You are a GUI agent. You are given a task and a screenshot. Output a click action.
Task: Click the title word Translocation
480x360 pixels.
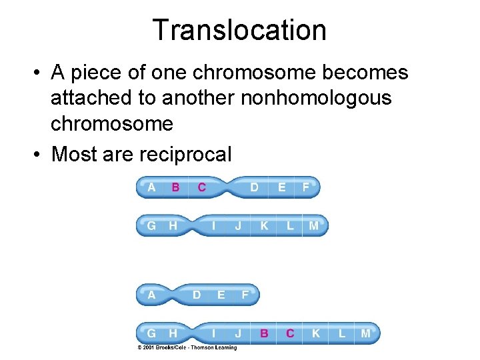tap(239, 30)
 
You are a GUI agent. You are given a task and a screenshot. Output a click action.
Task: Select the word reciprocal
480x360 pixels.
tap(185, 154)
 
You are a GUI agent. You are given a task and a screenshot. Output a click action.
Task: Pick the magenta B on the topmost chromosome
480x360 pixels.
tap(175, 187)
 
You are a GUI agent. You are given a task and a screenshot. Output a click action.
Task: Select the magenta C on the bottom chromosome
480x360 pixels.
tap(290, 333)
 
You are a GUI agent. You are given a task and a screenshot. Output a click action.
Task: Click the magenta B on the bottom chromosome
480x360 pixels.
tap(265, 333)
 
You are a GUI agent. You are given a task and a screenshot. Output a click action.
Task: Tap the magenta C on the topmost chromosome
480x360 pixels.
tap(201, 187)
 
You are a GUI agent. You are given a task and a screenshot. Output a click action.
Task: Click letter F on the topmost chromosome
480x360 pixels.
tap(305, 187)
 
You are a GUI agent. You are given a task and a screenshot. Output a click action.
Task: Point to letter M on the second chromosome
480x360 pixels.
tap(313, 226)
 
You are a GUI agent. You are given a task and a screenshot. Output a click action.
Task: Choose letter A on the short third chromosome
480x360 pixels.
tap(151, 294)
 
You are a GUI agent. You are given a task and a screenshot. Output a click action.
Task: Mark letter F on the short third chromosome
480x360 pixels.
tap(245, 294)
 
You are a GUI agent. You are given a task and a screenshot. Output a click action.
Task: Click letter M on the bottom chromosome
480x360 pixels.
tap(365, 333)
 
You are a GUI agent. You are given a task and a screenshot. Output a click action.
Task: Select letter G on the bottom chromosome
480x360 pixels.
tap(151, 333)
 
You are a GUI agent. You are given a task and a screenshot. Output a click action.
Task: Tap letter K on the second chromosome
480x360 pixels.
tap(264, 226)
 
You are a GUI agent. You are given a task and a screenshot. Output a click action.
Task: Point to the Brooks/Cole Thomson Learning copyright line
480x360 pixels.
tap(187, 347)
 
